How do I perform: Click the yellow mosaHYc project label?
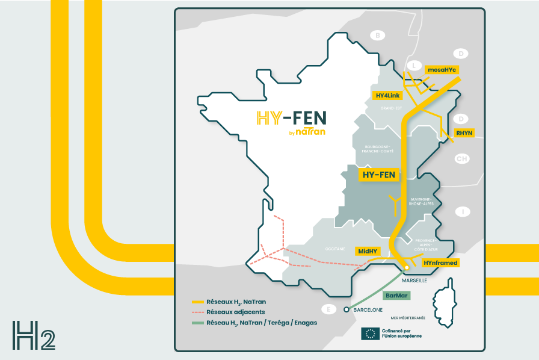click(442, 70)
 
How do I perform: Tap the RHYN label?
click(464, 132)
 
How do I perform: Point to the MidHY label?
click(368, 250)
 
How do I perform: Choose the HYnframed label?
click(440, 263)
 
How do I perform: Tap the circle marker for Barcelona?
click(346, 310)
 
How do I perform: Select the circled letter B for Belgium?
click(377, 36)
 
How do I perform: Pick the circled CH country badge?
click(462, 159)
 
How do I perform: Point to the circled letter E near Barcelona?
click(328, 309)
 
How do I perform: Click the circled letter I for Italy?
click(463, 212)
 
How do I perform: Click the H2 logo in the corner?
click(34, 335)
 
